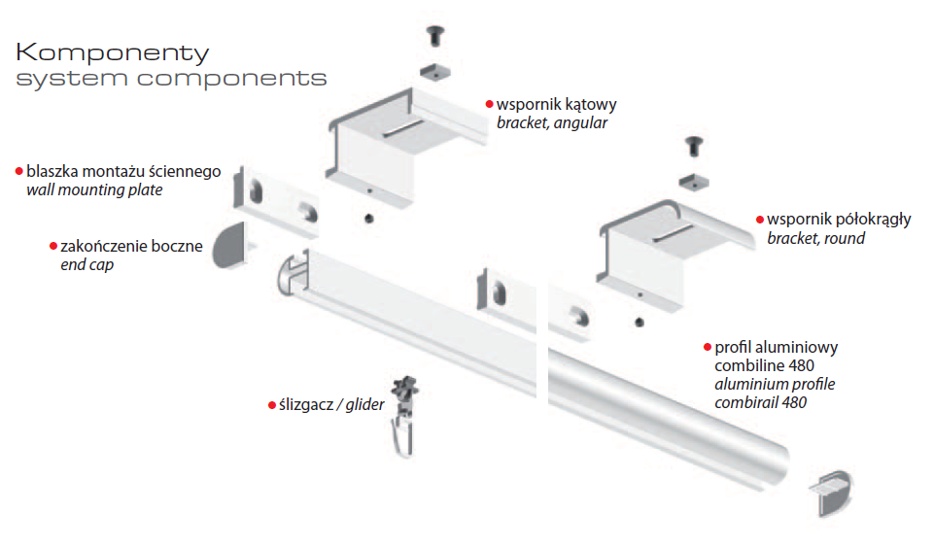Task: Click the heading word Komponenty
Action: point(113,51)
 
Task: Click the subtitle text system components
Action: point(171,78)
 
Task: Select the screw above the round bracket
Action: point(694,147)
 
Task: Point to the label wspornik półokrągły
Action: point(839,219)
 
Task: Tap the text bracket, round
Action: point(815,238)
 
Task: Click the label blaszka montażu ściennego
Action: point(123,171)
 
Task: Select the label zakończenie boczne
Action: point(131,246)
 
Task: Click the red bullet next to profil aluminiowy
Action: point(707,347)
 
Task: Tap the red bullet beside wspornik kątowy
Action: point(489,104)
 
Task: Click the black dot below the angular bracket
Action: point(367,218)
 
